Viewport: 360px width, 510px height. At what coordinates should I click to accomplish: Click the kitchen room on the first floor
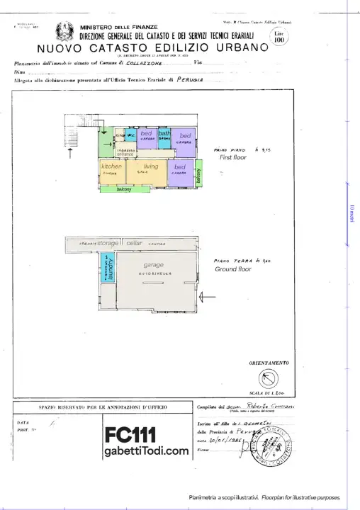(x=111, y=172)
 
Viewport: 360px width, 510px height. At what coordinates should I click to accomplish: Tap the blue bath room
(x=164, y=136)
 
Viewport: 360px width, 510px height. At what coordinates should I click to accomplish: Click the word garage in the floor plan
(x=144, y=264)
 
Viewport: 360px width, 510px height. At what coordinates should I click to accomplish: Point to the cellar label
(x=135, y=243)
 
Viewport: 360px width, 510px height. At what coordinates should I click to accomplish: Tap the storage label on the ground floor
(x=108, y=243)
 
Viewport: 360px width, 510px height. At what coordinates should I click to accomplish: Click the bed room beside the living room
(x=180, y=169)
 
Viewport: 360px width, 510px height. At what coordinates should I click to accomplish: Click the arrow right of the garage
(x=209, y=296)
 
